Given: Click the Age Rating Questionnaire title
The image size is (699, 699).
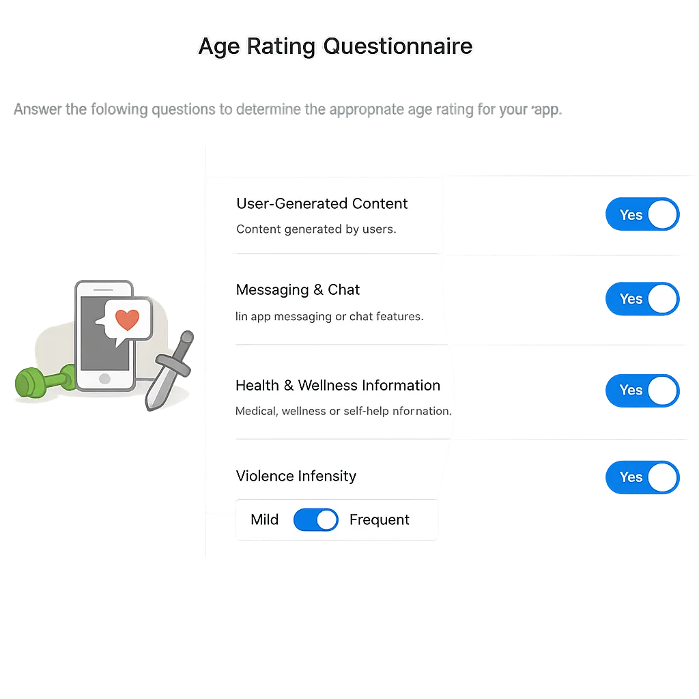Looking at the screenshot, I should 334,46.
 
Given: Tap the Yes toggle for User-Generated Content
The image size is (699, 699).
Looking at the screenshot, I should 642,215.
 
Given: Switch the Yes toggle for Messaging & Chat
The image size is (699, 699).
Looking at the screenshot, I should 642,299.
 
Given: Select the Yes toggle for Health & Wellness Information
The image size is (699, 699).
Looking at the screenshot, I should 642,390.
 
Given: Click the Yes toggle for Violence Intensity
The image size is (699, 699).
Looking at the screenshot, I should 642,477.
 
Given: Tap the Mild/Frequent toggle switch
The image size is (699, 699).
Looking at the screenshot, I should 315,520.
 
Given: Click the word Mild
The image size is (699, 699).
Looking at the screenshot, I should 264,520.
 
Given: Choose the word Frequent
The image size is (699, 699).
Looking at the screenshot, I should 379,520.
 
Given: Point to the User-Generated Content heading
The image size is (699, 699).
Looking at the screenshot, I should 322,203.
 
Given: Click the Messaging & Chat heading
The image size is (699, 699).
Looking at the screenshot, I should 298,289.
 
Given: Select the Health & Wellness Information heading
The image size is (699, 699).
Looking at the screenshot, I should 337,385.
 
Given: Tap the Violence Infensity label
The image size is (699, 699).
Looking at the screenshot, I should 296,476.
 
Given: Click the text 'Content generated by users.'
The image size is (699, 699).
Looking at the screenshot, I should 315,229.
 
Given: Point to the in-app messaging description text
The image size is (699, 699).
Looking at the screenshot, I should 329,317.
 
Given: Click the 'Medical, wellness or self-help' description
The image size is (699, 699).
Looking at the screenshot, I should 343,411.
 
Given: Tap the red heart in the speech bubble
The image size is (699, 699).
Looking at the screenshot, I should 127,319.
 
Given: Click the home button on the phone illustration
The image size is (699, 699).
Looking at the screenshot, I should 104,378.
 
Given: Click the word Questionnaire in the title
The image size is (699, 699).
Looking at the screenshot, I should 397,46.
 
